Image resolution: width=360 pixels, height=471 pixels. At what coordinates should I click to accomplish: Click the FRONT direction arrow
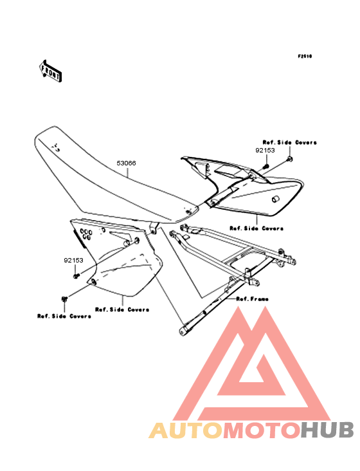pos(50,71)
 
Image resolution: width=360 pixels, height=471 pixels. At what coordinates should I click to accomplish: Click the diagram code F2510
pos(305,56)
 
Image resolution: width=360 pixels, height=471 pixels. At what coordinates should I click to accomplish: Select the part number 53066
pos(126,163)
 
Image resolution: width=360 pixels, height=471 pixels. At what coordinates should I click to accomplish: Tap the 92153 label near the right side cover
pos(265,150)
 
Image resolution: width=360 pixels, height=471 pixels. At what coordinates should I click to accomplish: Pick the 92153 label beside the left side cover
pos(73,261)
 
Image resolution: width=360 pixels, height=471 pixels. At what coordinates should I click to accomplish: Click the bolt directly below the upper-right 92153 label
pos(265,165)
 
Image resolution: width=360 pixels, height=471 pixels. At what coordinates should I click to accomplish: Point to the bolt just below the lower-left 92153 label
pos(76,275)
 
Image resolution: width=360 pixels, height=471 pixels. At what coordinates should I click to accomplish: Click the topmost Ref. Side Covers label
pos(289,142)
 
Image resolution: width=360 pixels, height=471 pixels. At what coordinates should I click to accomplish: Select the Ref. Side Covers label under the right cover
pos(256,228)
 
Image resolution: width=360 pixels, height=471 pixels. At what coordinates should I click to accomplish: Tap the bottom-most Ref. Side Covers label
pos(64,316)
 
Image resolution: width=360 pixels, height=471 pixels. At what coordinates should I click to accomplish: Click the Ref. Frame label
pos(252,299)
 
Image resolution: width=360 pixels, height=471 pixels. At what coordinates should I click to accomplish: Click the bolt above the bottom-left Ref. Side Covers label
pos(64,299)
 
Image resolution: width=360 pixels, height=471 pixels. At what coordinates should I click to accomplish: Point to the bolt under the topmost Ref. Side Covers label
pos(290,158)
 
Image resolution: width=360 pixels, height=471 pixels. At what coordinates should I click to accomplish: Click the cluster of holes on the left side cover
pos(85,234)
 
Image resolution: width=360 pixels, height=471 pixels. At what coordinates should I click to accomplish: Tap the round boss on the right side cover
pos(275,199)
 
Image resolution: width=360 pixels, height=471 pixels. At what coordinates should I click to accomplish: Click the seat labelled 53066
pos(114,177)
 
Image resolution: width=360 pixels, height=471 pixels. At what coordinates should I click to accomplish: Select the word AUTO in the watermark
pos(186,430)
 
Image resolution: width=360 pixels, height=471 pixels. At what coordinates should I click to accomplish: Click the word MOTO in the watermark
pos(262,430)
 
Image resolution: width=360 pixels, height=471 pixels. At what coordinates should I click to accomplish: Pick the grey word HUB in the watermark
pos(328,430)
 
